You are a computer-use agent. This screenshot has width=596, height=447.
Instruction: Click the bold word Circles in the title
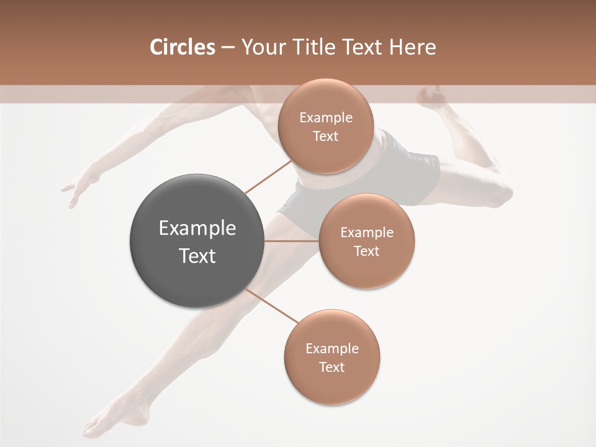tap(182, 47)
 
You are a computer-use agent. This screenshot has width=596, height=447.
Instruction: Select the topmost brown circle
tap(325, 126)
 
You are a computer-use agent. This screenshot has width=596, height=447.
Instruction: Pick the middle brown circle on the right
tap(366, 241)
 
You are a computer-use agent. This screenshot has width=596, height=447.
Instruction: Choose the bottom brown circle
tap(332, 357)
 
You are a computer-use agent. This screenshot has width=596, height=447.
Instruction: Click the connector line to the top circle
tap(268, 176)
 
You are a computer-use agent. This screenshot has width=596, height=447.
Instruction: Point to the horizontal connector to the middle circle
tap(292, 241)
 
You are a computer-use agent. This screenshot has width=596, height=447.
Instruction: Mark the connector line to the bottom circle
tap(273, 307)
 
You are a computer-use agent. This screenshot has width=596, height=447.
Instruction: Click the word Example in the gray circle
tap(197, 228)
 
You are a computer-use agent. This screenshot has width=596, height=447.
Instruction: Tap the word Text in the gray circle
tap(197, 256)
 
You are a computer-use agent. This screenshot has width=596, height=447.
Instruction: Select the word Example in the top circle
tap(325, 117)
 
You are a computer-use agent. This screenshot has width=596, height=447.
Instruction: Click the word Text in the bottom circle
tap(332, 367)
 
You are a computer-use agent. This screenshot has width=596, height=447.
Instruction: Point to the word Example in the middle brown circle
tap(366, 232)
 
